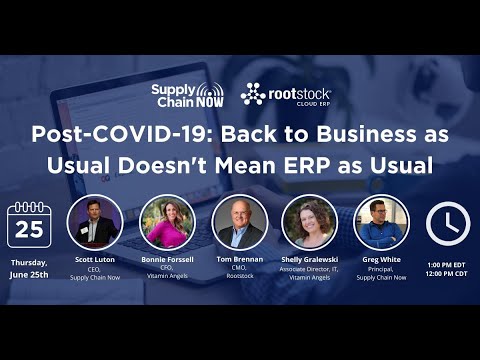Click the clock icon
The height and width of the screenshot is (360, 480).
[447, 224]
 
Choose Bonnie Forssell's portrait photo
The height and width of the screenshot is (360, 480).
[166, 221]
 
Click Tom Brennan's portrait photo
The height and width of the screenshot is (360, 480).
[240, 221]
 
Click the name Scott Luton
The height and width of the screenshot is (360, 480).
[95, 260]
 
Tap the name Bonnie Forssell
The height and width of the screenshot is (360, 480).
[167, 260]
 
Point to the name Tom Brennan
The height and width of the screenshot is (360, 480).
[240, 260]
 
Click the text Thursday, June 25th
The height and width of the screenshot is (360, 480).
[29, 266]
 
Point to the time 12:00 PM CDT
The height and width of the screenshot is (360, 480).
[447, 273]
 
